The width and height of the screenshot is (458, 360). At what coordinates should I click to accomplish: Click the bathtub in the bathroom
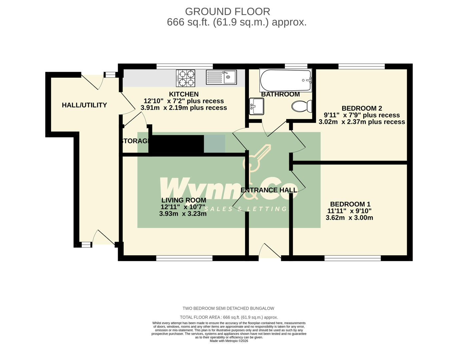coord(286,80)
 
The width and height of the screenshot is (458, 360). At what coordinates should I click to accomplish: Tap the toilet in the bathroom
coord(302,106)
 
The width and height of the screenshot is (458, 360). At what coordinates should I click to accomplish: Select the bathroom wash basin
coord(256,106)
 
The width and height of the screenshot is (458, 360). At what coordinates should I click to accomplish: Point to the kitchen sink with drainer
coord(221,77)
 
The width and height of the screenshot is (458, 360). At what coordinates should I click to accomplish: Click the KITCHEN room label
coord(184,94)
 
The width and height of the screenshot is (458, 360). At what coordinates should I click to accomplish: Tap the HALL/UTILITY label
coord(84,105)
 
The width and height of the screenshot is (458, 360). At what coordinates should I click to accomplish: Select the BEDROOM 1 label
coord(350,204)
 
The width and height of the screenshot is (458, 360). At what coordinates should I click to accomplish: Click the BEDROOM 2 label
coord(362,108)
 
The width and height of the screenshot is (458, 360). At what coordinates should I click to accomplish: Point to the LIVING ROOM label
coord(183,200)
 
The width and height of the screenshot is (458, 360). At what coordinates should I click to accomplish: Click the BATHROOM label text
coord(280,94)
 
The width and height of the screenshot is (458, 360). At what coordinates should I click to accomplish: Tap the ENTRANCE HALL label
coord(269,190)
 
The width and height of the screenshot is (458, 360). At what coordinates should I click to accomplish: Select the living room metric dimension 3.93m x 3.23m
coord(183,214)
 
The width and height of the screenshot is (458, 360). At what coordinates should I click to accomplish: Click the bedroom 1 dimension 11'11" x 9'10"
coord(349,211)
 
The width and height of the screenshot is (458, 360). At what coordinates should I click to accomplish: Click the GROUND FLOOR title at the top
coord(227,12)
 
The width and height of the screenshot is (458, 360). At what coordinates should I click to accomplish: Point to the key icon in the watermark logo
coord(257,159)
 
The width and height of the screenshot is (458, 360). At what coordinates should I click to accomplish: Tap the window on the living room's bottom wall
coord(184,258)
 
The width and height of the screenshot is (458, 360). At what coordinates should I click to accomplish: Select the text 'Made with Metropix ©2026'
coord(229,341)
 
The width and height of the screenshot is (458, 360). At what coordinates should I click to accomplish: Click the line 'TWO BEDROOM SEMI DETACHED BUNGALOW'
coord(228,308)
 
